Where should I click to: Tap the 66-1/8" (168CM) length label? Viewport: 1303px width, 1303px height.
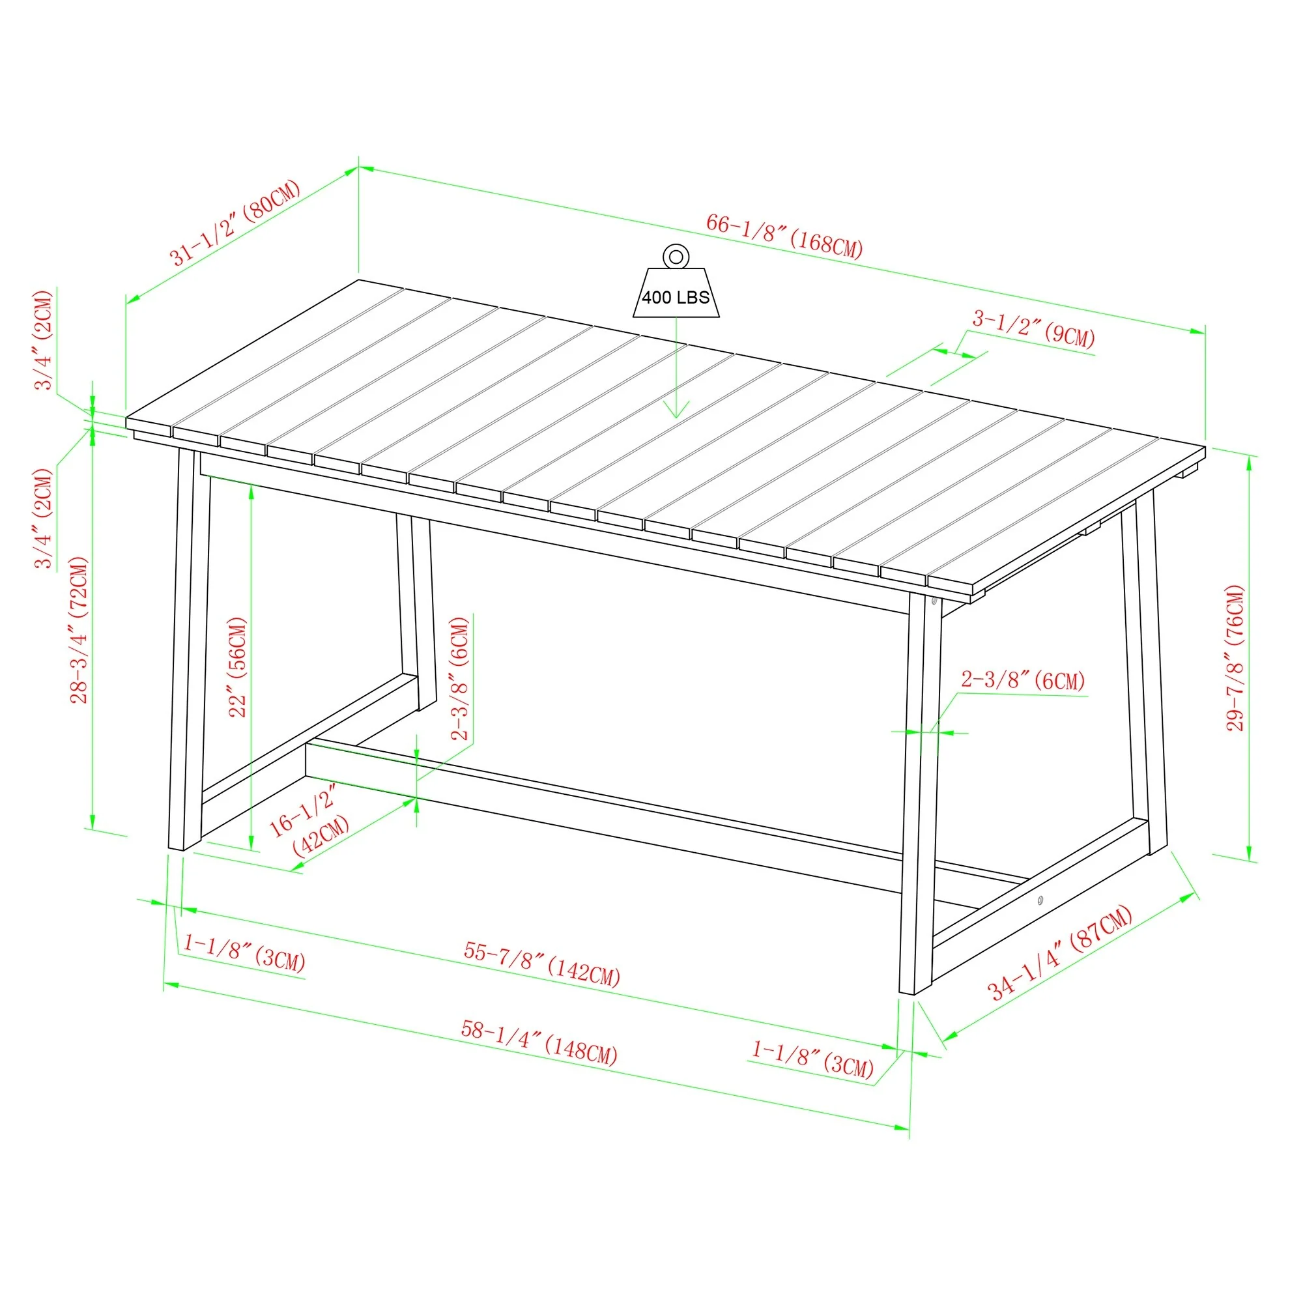(784, 236)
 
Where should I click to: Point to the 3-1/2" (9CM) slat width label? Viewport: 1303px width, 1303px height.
(1033, 328)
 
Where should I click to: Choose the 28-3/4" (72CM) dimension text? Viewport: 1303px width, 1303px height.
(80, 630)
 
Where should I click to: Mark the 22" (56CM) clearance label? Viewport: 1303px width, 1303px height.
(238, 667)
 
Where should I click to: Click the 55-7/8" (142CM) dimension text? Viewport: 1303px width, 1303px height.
(541, 963)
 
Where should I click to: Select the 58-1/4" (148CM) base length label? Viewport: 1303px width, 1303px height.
(539, 1042)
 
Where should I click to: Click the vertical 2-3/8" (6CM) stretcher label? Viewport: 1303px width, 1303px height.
(460, 678)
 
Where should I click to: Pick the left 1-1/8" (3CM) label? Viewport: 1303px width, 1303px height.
(244, 952)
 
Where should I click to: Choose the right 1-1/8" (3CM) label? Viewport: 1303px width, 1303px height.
(812, 1057)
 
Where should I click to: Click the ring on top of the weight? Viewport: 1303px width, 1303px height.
(676, 256)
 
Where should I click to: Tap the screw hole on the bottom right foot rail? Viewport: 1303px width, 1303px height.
(1040, 900)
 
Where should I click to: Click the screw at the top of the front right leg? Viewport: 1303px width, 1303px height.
(934, 600)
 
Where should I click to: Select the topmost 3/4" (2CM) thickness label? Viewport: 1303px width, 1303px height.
(44, 340)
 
